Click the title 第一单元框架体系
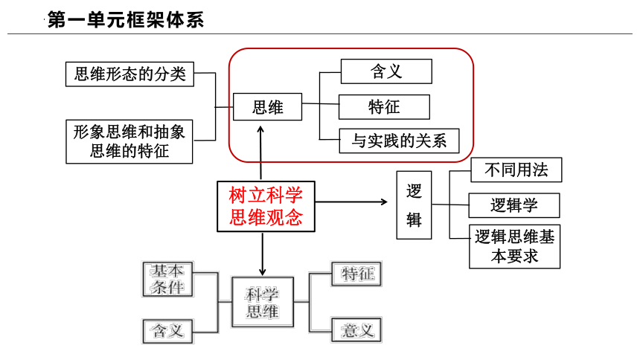click(126, 19)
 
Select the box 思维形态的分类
click(129, 74)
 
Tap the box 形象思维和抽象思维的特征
click(129, 141)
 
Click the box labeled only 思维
click(267, 107)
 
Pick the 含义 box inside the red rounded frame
click(386, 71)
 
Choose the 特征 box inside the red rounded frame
click(384, 107)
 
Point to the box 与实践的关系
click(399, 141)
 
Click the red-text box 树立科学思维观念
click(266, 207)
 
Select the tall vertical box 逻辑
click(414, 205)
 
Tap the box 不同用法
click(516, 170)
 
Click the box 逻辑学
click(514, 205)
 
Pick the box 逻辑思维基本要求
click(515, 246)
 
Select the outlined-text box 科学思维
click(263, 303)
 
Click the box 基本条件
click(167, 279)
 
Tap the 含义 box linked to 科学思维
click(167, 331)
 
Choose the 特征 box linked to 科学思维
click(356, 274)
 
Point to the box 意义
click(356, 330)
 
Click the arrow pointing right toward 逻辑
click(351, 202)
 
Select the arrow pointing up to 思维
click(260, 153)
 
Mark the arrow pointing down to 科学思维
click(263, 254)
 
